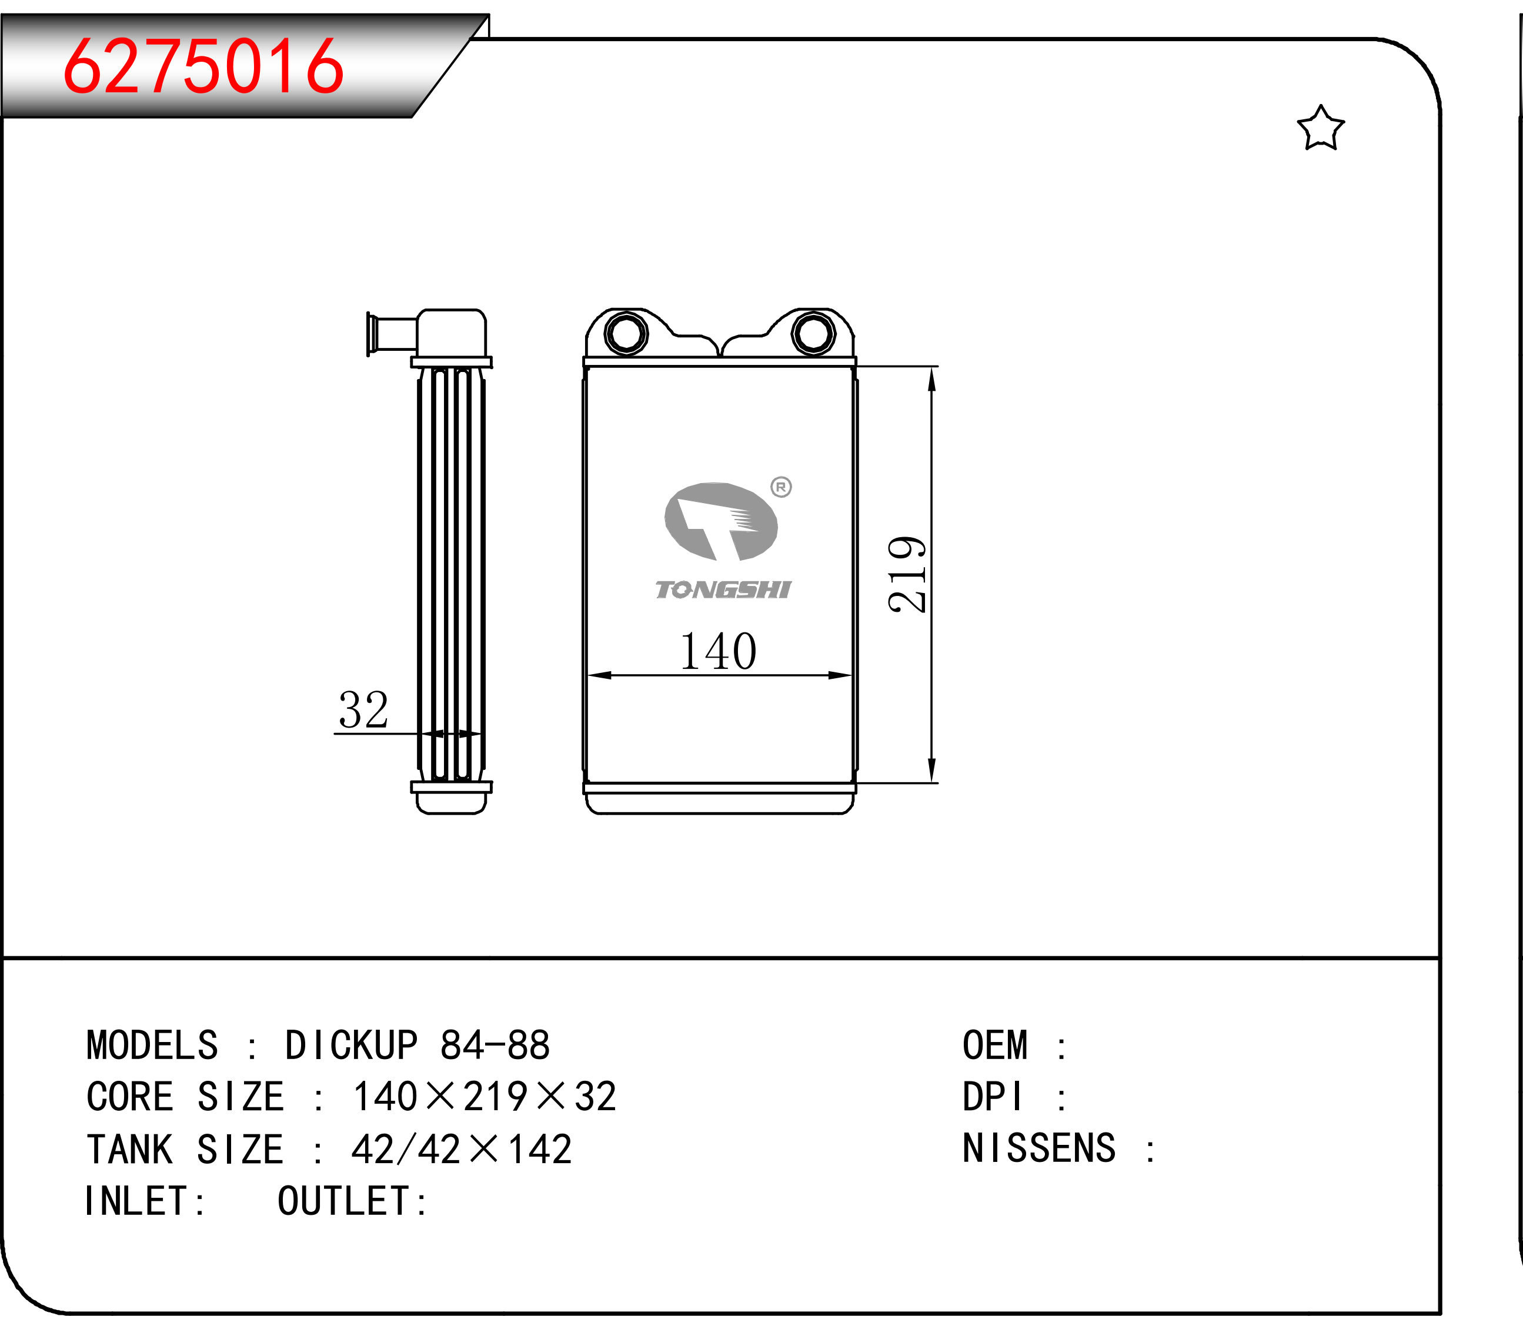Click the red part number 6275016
click(203, 67)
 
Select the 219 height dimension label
click(907, 574)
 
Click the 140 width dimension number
click(718, 651)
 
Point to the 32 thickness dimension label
click(363, 709)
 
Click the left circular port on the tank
click(626, 333)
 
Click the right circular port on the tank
click(813, 333)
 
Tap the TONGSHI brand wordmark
click(723, 589)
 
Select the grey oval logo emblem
click(720, 521)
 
